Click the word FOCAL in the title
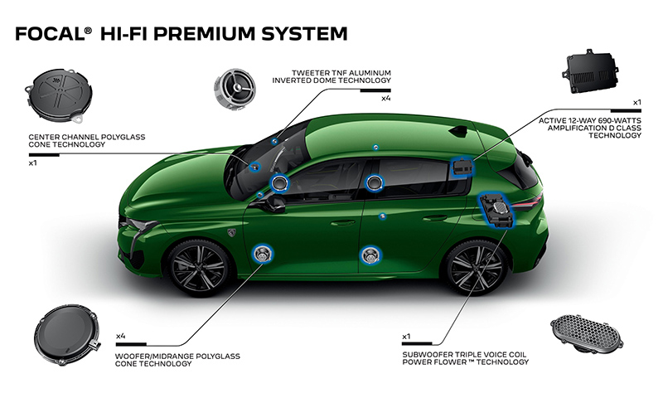click(51, 34)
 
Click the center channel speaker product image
click(59, 96)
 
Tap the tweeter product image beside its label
click(235, 90)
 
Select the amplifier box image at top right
click(590, 71)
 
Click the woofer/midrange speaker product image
click(67, 334)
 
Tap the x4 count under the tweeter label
click(385, 99)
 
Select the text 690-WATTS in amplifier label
click(622, 120)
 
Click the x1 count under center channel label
click(33, 163)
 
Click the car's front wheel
click(199, 267)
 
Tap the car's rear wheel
click(475, 267)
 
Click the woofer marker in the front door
click(263, 254)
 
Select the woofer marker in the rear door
click(370, 255)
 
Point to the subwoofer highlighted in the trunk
click(497, 211)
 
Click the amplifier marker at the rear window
click(462, 167)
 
